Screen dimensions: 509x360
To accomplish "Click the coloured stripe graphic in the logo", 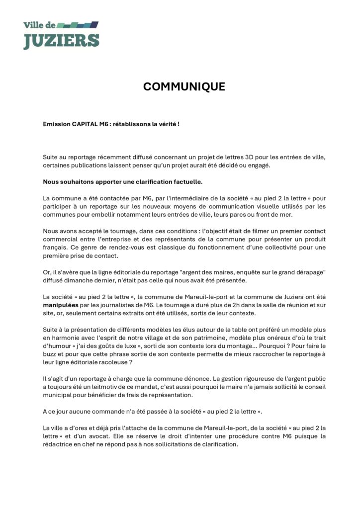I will pos(79,24).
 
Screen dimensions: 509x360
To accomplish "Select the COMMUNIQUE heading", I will pos(184,87).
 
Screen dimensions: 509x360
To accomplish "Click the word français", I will pos(56,247).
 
